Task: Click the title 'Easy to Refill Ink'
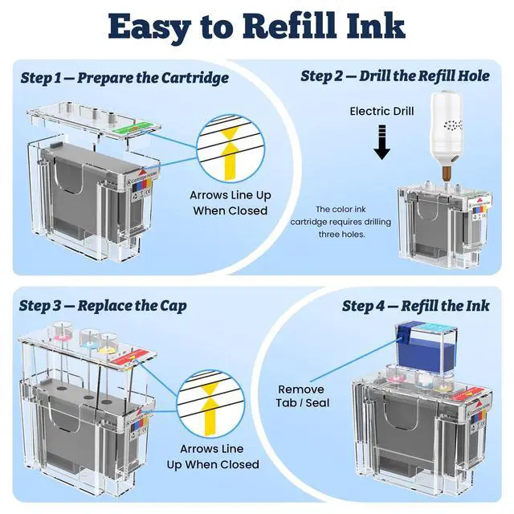256,27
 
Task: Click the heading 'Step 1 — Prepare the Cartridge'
124,78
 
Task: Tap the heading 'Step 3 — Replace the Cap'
105,305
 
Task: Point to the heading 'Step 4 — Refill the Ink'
414,305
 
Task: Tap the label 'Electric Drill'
381,111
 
